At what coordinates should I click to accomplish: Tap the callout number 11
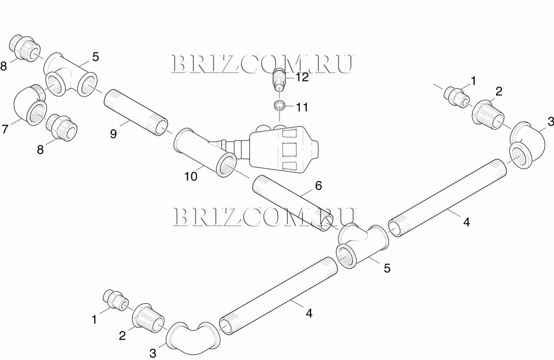coord(302,107)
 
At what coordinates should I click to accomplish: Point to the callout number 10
coord(191,176)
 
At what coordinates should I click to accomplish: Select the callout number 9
coord(113,134)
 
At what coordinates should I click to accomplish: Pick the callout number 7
coord(5,129)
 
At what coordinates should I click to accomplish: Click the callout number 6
coord(318,186)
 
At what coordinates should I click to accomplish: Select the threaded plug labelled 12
coord(279,79)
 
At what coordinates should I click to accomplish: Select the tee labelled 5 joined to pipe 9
coord(71,75)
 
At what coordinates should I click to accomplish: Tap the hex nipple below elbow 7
coord(62,127)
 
